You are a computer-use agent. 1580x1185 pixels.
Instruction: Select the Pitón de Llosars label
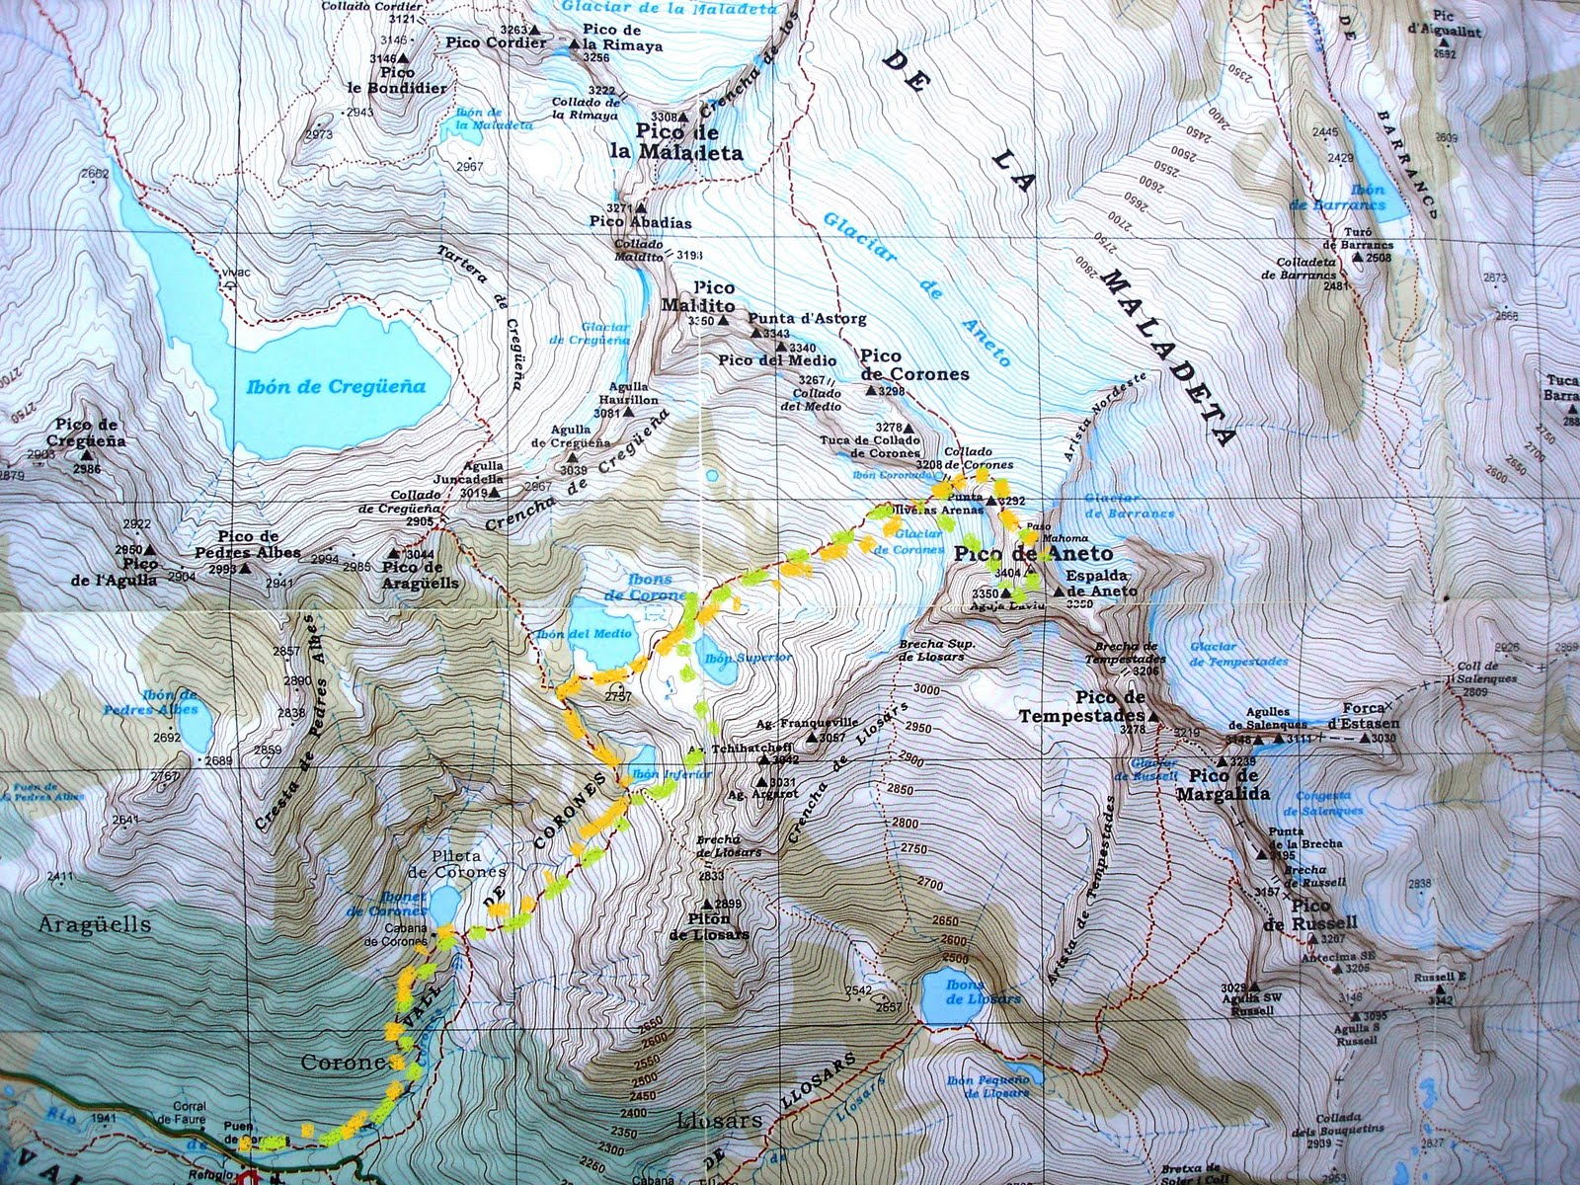tap(709, 926)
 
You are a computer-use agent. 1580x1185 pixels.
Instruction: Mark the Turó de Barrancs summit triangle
tap(1357, 257)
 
